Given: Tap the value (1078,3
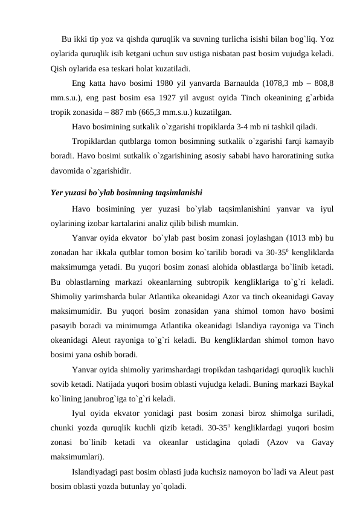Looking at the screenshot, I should click(293, 84).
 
